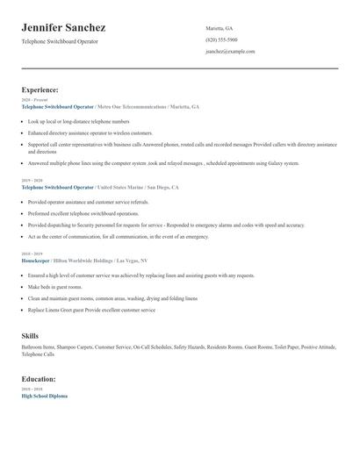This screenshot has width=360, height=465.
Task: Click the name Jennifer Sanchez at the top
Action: [x=63, y=28]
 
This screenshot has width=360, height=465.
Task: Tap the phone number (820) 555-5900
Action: [x=221, y=39]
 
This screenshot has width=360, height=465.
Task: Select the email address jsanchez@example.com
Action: [x=230, y=52]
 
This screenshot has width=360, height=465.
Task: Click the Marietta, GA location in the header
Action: [x=219, y=28]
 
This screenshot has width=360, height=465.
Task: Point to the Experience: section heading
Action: [x=40, y=89]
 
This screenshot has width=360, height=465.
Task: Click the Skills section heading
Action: [x=30, y=335]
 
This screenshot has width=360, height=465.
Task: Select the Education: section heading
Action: [x=39, y=379]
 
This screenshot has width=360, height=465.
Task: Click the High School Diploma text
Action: [x=44, y=396]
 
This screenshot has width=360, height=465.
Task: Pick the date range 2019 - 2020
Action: [x=31, y=181]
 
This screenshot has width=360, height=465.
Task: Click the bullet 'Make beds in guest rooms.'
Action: [x=54, y=287]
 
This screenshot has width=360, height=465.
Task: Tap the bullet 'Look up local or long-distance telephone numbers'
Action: [x=78, y=122]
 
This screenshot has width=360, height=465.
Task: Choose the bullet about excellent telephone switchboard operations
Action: [x=83, y=213]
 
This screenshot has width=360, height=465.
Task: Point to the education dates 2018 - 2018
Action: [x=31, y=389]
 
